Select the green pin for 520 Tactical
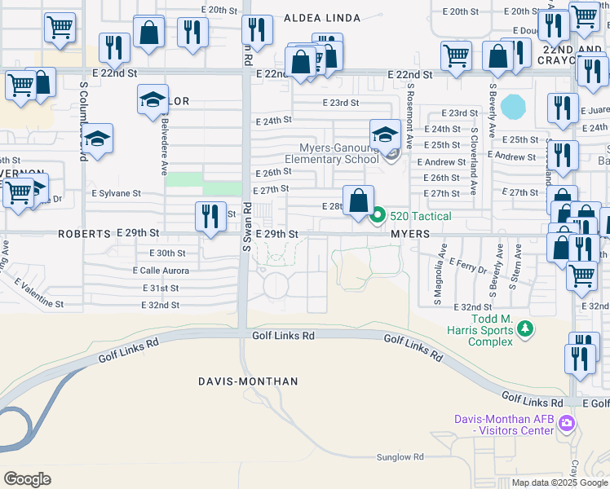click(x=378, y=215)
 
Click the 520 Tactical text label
click(x=420, y=216)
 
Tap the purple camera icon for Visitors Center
click(x=568, y=424)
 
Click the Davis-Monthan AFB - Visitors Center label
click(x=504, y=425)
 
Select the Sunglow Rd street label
click(x=400, y=458)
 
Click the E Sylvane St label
click(x=116, y=194)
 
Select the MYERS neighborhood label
click(x=409, y=234)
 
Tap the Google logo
click(x=29, y=478)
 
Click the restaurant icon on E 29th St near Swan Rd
click(x=210, y=216)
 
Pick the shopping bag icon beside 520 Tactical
click(x=358, y=200)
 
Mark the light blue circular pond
click(x=514, y=106)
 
